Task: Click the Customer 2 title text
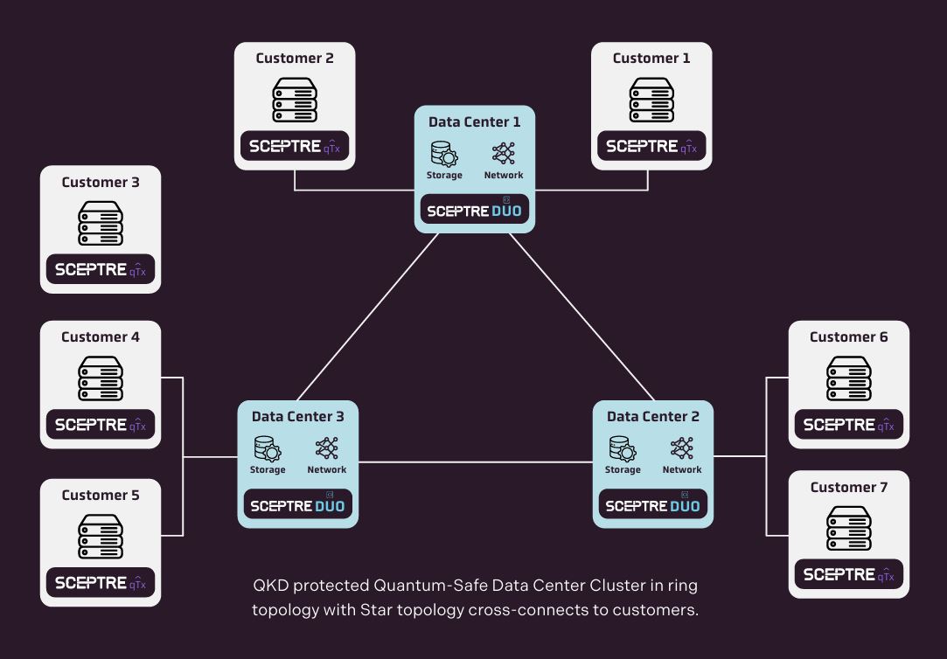pyautogui.click(x=294, y=59)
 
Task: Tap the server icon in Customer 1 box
pyautogui.click(x=651, y=100)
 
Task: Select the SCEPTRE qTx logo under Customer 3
pyautogui.click(x=101, y=270)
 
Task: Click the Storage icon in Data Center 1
pyautogui.click(x=443, y=154)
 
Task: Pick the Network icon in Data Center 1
pyautogui.click(x=504, y=153)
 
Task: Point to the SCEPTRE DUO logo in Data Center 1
pyautogui.click(x=474, y=211)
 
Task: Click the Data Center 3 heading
pyautogui.click(x=297, y=417)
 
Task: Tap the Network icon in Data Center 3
pyautogui.click(x=326, y=448)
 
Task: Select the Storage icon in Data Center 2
pyautogui.click(x=623, y=448)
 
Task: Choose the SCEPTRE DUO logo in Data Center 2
pyautogui.click(x=652, y=505)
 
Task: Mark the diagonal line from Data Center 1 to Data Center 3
pyautogui.click(x=367, y=316)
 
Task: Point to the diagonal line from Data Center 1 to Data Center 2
pyautogui.click(x=581, y=316)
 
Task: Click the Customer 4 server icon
pyautogui.click(x=101, y=378)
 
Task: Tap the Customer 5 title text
pyautogui.click(x=101, y=496)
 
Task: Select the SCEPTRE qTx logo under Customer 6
pyautogui.click(x=848, y=425)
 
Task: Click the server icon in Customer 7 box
pyautogui.click(x=848, y=529)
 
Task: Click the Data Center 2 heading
pyautogui.click(x=653, y=417)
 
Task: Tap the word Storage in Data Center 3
pyautogui.click(x=268, y=470)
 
